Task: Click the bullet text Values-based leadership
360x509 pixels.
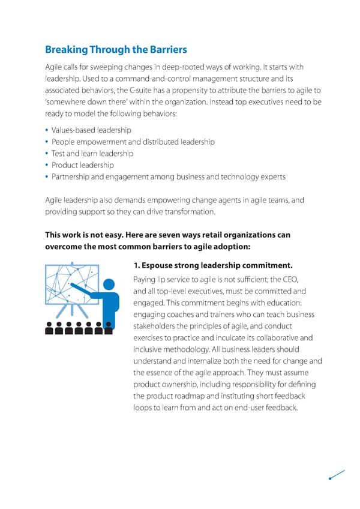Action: tap(91, 130)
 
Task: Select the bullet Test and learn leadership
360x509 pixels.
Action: tap(92, 154)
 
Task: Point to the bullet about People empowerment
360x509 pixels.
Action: tap(133, 142)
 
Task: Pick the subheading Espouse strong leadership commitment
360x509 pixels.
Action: tap(215, 265)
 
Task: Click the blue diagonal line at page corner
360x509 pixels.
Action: tap(337, 474)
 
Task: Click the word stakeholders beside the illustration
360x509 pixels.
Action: tap(157, 327)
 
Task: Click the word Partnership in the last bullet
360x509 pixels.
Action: tap(71, 176)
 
